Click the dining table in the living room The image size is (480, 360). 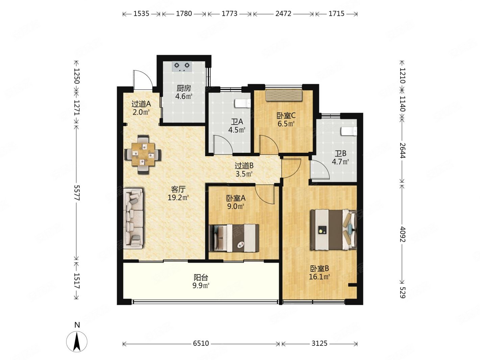(143, 154)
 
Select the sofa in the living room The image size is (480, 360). (134, 219)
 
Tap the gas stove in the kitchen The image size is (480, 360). (182, 67)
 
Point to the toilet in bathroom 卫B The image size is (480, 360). (349, 131)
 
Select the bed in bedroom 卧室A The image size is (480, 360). (234, 238)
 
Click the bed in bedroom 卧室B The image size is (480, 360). (334, 230)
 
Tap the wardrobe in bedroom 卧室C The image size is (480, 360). (284, 96)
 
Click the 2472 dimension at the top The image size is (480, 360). (283, 14)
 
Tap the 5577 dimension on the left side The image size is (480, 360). (77, 193)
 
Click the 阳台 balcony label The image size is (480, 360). (201, 278)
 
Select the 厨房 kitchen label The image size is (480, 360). (184, 88)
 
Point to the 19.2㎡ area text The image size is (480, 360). (178, 198)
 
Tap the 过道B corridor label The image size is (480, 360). (244, 166)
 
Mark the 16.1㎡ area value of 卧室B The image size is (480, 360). (319, 277)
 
